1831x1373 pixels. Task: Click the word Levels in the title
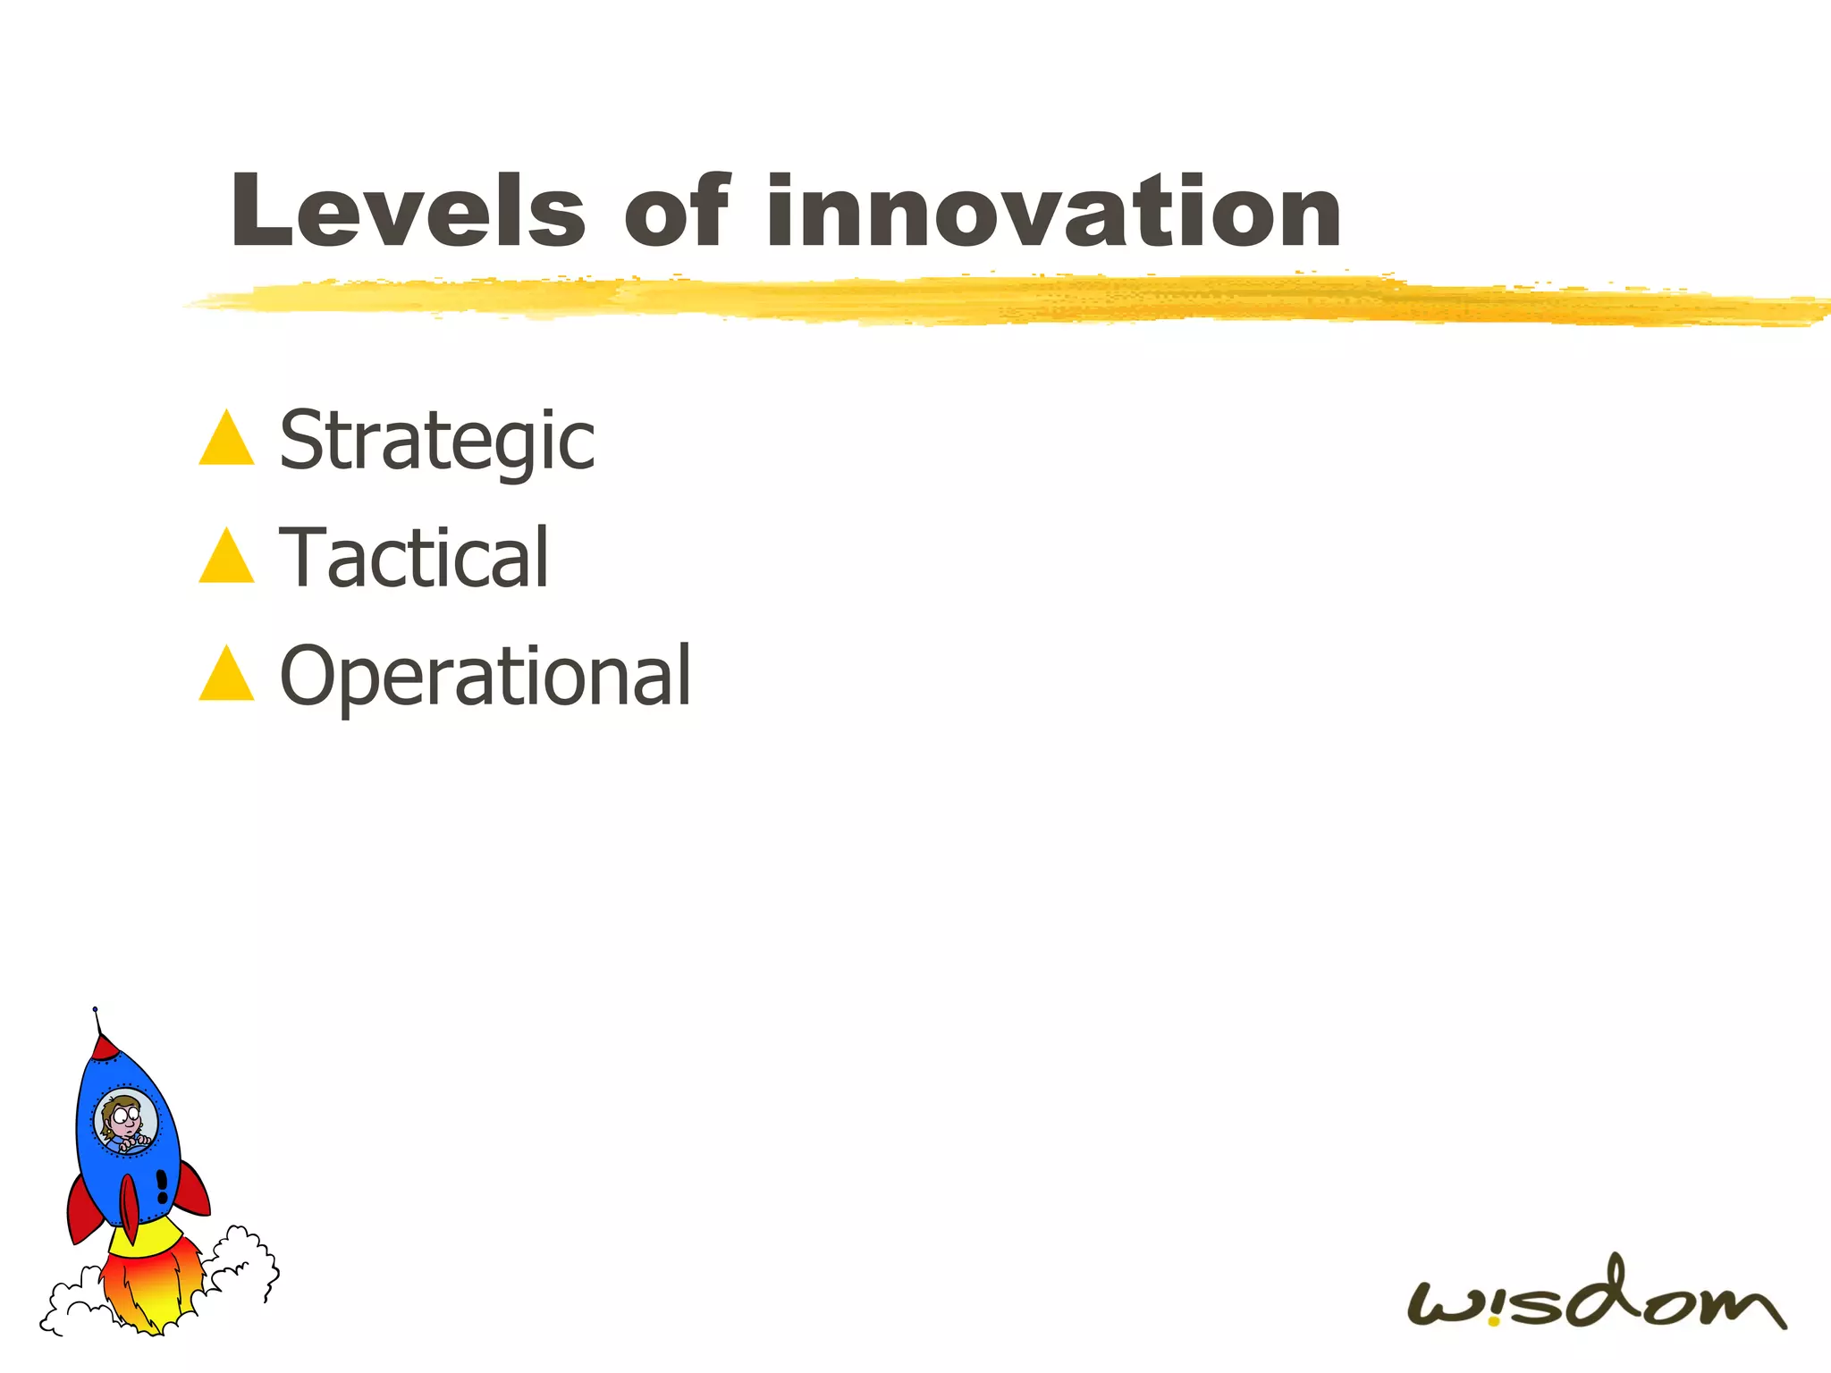[408, 212]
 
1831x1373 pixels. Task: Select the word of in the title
[677, 212]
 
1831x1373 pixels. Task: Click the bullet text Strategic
[436, 440]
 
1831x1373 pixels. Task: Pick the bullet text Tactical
[413, 558]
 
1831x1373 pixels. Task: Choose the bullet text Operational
[485, 676]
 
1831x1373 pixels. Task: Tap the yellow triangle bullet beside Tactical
[227, 559]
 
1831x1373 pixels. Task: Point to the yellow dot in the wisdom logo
[1493, 1320]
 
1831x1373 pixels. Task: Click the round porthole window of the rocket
[126, 1122]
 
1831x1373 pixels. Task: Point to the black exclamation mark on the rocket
[162, 1186]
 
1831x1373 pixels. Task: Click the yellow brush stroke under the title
[983, 299]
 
